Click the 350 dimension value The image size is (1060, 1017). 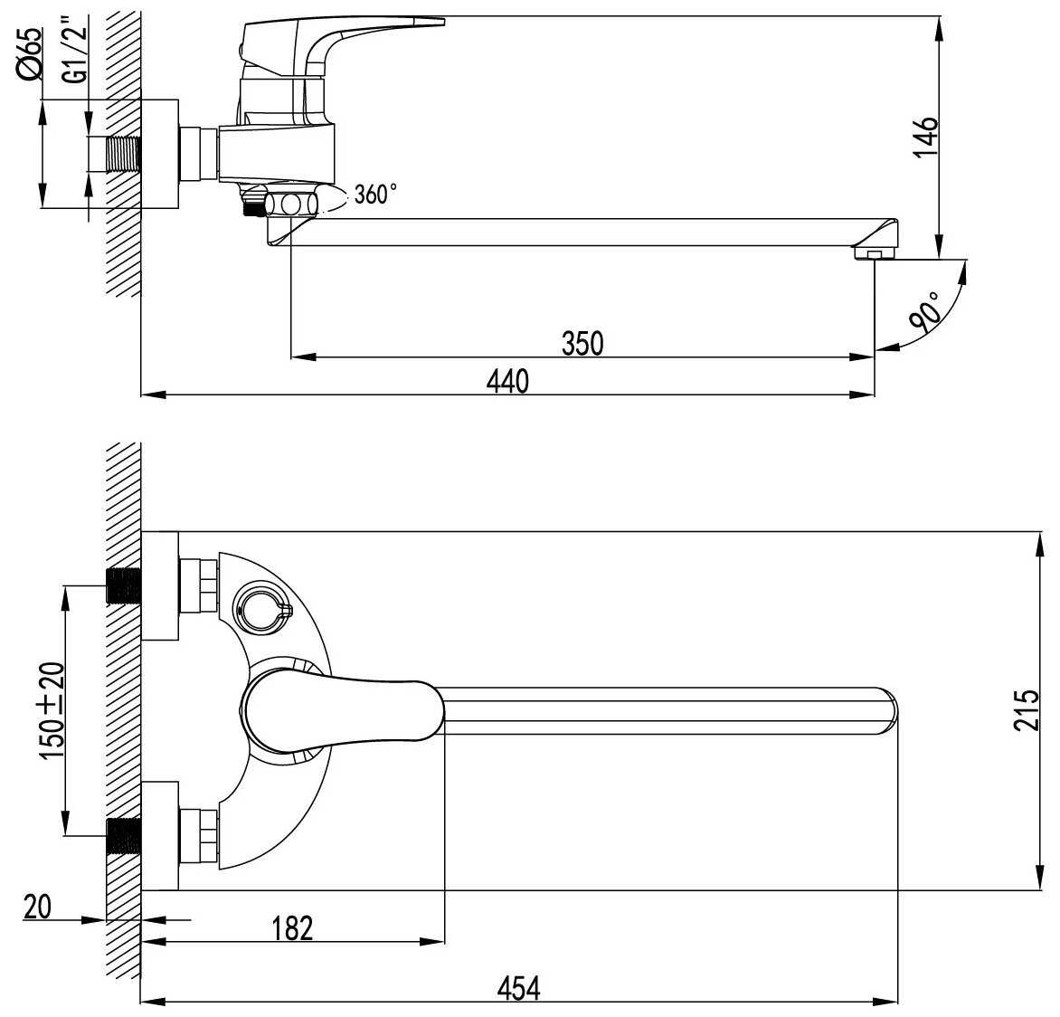pyautogui.click(x=582, y=344)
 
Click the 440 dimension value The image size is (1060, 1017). pyautogui.click(x=507, y=382)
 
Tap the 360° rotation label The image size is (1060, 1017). pyautogui.click(x=375, y=194)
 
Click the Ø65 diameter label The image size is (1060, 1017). pyautogui.click(x=29, y=53)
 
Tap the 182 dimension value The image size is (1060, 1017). pyautogui.click(x=290, y=927)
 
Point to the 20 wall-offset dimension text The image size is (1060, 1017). pyautogui.click(x=38, y=906)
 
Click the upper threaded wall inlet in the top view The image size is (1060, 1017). pyautogui.click(x=124, y=586)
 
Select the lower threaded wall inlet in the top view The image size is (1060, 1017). pyautogui.click(x=124, y=834)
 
